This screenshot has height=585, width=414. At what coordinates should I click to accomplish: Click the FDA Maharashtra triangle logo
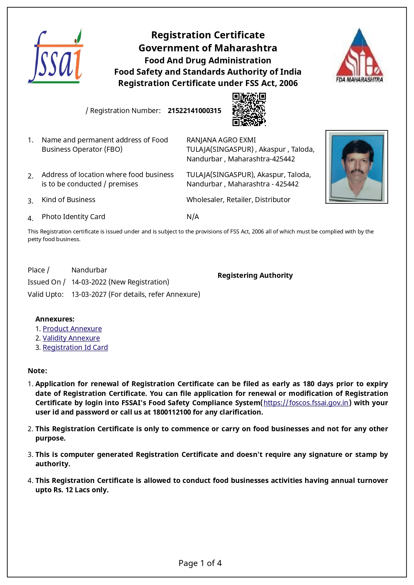(359, 56)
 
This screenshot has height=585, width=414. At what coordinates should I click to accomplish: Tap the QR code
(249, 109)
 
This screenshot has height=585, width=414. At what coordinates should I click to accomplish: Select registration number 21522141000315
(194, 111)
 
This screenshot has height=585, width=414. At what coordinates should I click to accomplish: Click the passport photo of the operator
(356, 167)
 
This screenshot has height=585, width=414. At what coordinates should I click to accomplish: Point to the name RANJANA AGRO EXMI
(221, 140)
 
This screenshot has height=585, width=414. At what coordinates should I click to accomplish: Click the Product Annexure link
(72, 329)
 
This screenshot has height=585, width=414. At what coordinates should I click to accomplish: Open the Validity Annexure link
(71, 338)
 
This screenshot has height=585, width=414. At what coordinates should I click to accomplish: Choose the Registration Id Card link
(75, 348)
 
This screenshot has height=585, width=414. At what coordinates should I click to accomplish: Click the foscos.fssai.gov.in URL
(306, 403)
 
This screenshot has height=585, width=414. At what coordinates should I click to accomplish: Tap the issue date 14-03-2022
(89, 282)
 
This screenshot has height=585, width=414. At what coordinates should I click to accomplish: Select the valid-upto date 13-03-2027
(89, 295)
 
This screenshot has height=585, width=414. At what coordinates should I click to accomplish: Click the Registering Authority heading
(255, 275)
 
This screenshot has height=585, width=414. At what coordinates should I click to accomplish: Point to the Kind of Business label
(68, 200)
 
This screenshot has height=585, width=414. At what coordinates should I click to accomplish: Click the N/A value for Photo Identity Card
(192, 217)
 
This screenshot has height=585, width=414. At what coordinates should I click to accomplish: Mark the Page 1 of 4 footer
(200, 563)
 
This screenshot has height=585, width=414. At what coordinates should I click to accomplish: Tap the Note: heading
(37, 371)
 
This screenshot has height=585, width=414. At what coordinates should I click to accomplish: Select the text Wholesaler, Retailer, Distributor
(238, 200)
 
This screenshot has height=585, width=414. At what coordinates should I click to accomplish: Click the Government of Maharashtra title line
(208, 48)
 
